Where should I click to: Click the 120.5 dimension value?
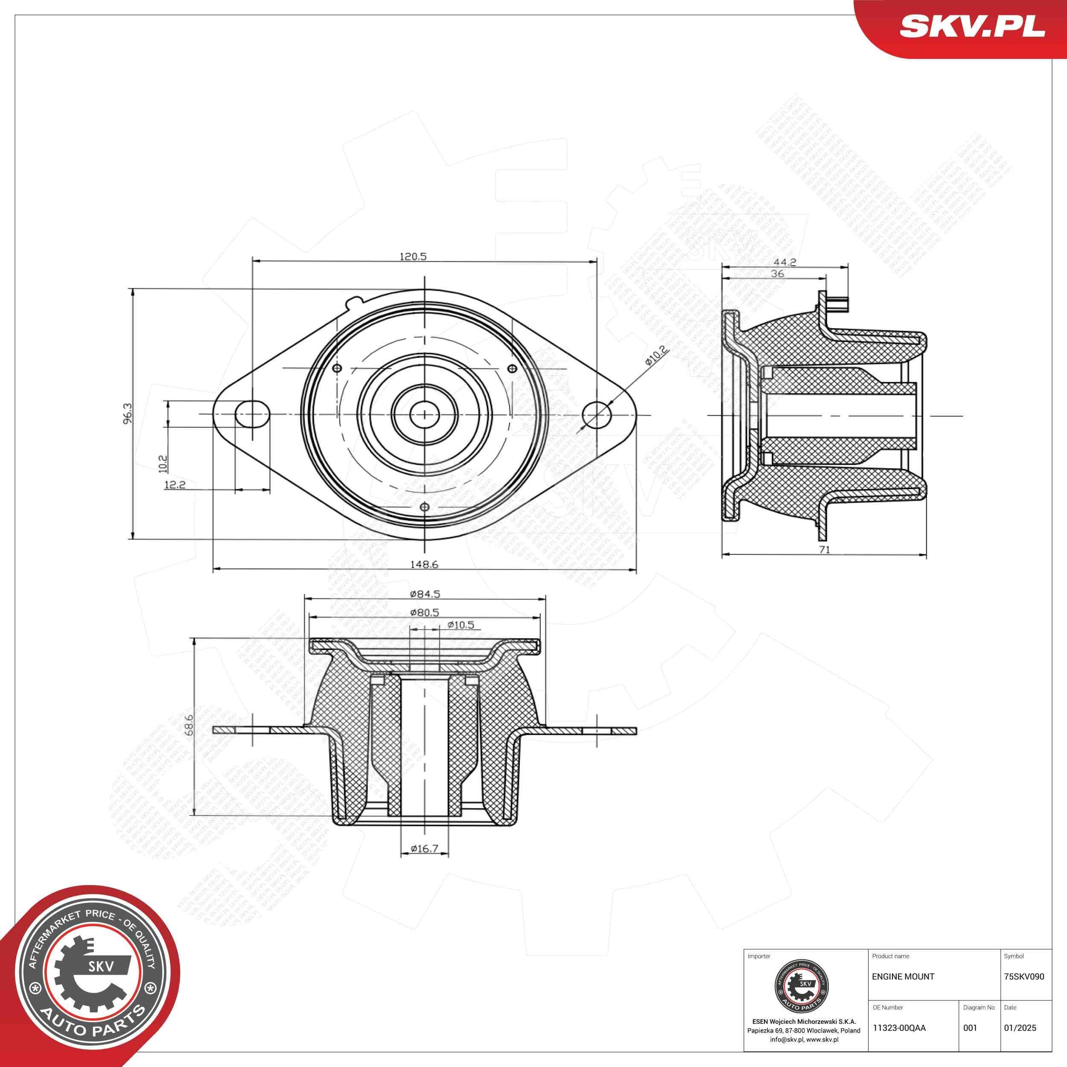click(413, 256)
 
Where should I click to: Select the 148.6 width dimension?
click(424, 564)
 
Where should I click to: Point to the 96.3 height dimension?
click(128, 414)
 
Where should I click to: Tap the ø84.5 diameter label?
click(425, 594)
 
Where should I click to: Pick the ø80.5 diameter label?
click(424, 612)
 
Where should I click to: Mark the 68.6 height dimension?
click(189, 725)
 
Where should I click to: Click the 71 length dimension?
click(824, 550)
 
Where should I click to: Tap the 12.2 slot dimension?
click(175, 485)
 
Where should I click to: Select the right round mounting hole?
click(597, 414)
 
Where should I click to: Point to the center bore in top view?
click(424, 414)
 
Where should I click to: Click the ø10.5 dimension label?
click(461, 625)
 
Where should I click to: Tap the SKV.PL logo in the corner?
click(972, 26)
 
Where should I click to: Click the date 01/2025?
click(1020, 1028)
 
